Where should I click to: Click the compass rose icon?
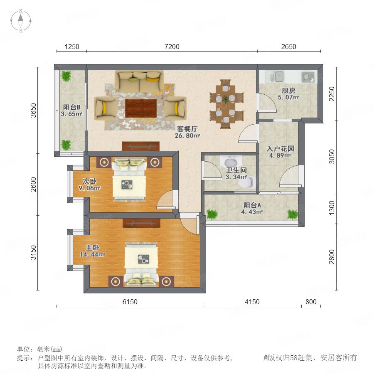pyautogui.click(x=21, y=21)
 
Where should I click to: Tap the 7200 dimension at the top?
pyautogui.click(x=172, y=47)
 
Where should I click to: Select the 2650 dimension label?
pyautogui.click(x=289, y=47)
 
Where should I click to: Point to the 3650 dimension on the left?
pyautogui.click(x=34, y=111)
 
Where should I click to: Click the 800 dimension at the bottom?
pyautogui.click(x=311, y=302)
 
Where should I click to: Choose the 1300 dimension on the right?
pyautogui.click(x=332, y=208)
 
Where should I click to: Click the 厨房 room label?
pyautogui.click(x=288, y=91)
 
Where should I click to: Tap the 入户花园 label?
pyautogui.click(x=280, y=149)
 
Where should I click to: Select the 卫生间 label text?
pyautogui.click(x=236, y=170)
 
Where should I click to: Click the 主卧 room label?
pyautogui.click(x=92, y=248)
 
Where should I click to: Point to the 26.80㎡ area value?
pyautogui.click(x=187, y=136)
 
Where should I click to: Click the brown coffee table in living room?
pyautogui.click(x=141, y=108)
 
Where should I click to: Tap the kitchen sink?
pyautogui.click(x=277, y=76)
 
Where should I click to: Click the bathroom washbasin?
pyautogui.click(x=231, y=162)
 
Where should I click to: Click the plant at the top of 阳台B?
pyautogui.click(x=66, y=76)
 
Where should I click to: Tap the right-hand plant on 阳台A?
pyautogui.click(x=293, y=214)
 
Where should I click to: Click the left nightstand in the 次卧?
pyautogui.click(x=104, y=162)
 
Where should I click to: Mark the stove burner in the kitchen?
pyautogui.click(x=308, y=77)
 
